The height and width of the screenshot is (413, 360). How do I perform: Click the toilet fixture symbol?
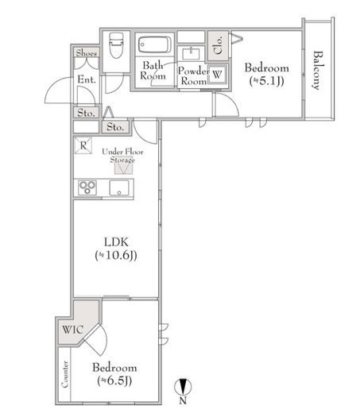(116, 45)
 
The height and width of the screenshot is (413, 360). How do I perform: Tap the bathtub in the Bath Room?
(155, 45)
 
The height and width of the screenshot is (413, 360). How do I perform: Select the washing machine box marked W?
(217, 74)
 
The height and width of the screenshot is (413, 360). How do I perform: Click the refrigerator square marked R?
(83, 145)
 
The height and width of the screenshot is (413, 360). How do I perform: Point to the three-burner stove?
(87, 187)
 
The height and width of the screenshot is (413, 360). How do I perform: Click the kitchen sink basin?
(119, 188)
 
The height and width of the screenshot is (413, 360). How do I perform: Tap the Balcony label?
(318, 70)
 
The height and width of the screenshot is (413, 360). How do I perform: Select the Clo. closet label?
(218, 45)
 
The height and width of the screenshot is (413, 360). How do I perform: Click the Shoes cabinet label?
(87, 53)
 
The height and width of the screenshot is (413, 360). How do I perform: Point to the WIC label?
(73, 330)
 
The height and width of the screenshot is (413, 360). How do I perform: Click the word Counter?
(64, 374)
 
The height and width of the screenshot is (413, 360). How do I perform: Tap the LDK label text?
(116, 242)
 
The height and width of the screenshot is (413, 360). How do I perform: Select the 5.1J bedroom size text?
(267, 81)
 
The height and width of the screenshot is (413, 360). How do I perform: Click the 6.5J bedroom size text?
(114, 380)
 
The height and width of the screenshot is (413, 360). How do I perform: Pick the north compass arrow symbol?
(183, 387)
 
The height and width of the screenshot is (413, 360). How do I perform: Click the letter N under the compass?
(183, 400)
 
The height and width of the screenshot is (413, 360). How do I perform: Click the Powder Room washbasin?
(191, 54)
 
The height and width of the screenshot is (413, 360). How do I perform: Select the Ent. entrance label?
(87, 79)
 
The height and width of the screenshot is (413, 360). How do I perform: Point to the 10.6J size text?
(116, 255)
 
